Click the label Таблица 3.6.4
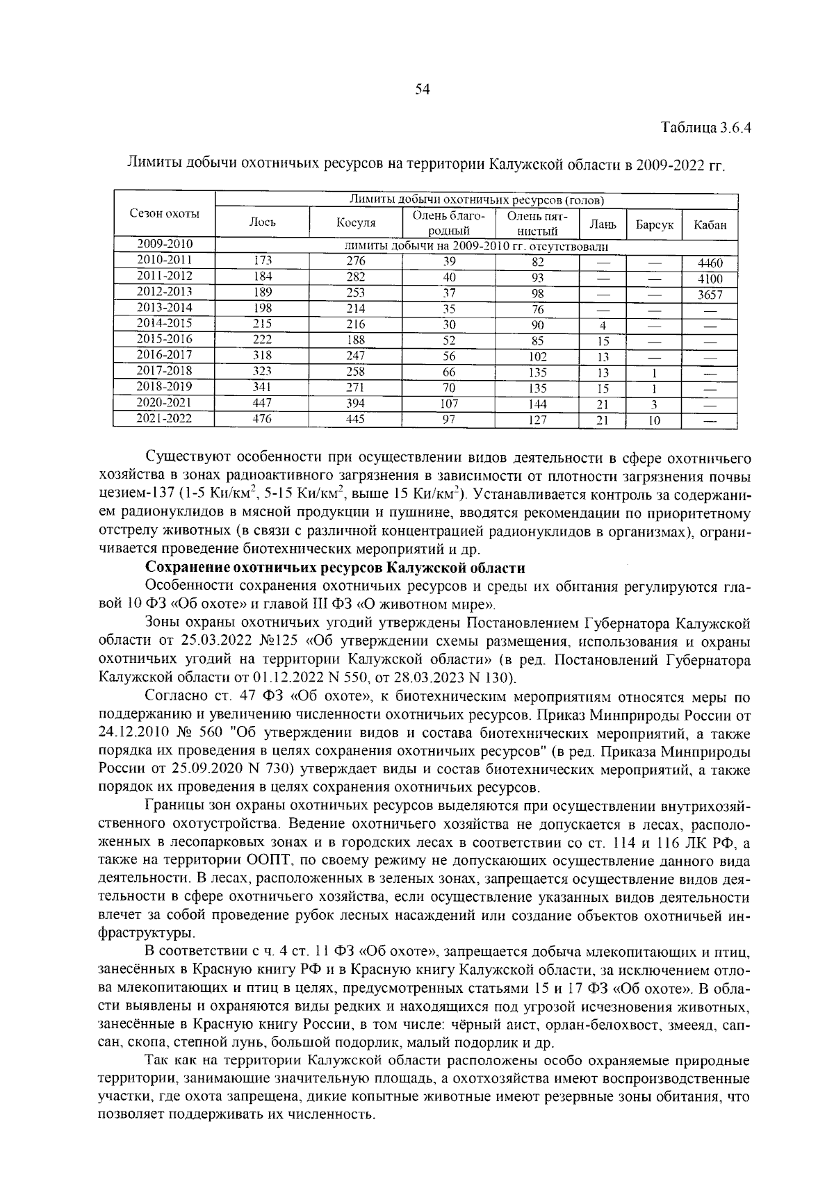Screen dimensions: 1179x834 coord(706,129)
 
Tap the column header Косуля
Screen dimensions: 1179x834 coord(356,222)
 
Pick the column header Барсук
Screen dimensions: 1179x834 coord(654,225)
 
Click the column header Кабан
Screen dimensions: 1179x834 coord(710,225)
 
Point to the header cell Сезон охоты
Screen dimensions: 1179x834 coord(165,214)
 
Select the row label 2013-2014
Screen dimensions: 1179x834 coord(165,308)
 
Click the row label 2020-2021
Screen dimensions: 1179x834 coord(165,403)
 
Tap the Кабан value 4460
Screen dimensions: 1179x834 coord(710,263)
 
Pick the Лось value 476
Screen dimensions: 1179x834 coord(262,419)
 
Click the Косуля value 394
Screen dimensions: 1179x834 coord(356,404)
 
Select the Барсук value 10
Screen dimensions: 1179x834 coord(654,420)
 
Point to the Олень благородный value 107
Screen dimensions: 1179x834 coord(449,404)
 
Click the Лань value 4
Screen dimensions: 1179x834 coord(603,326)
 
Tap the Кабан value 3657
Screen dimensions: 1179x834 coord(710,295)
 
